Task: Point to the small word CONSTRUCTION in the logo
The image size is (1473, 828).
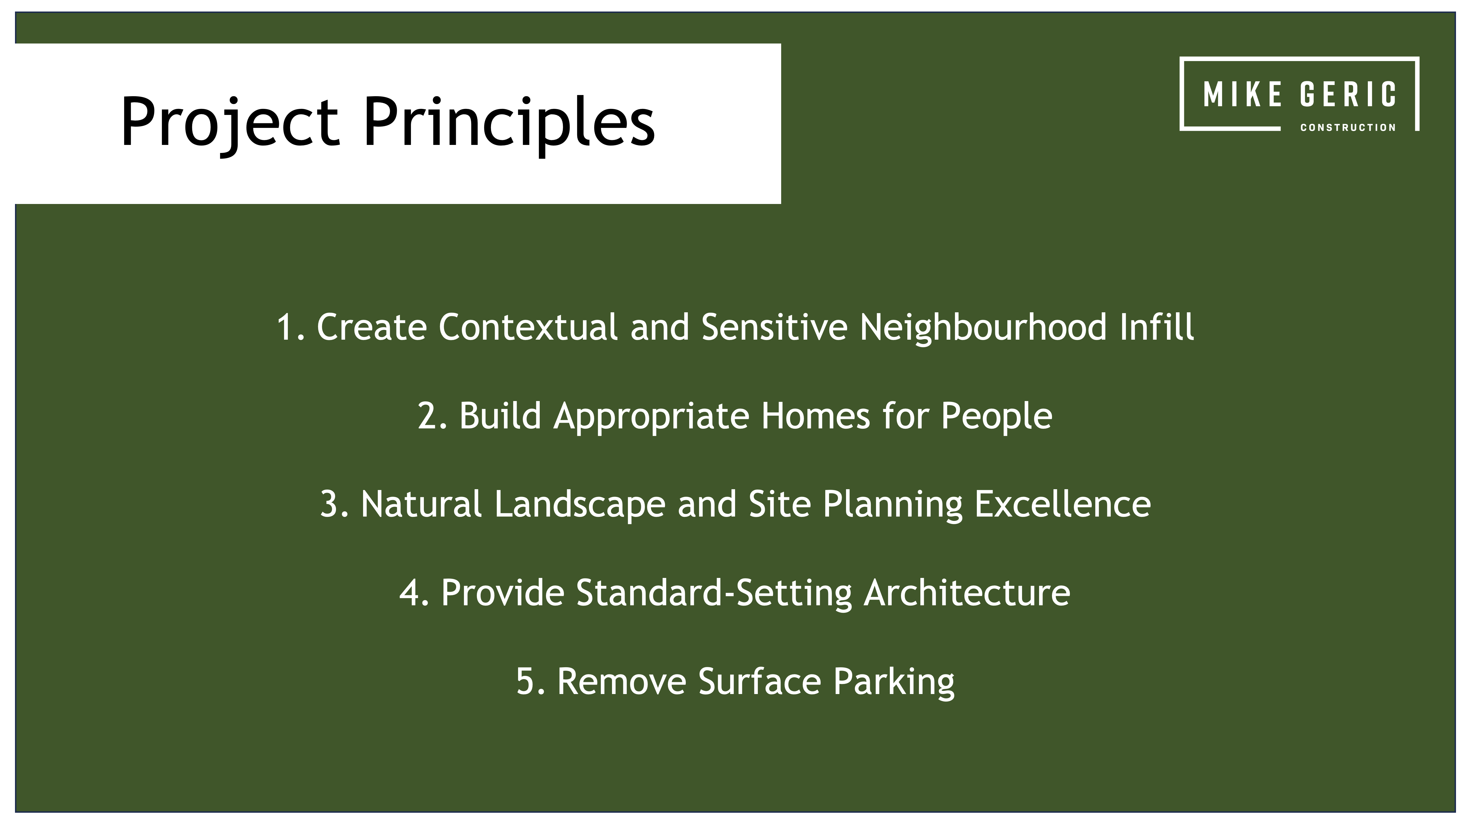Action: point(1348,128)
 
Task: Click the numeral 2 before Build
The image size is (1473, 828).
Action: point(428,416)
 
